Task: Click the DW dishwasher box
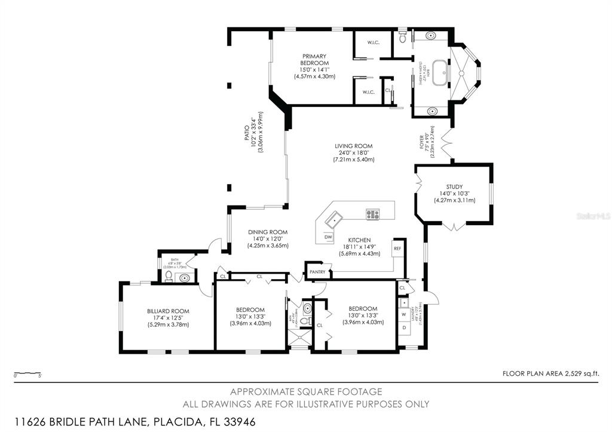click(328, 237)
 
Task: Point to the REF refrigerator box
click(397, 247)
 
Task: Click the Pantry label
click(317, 272)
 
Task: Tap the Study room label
click(454, 186)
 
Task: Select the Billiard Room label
click(168, 311)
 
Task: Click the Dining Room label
click(268, 232)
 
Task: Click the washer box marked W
click(404, 314)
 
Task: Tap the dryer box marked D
click(404, 327)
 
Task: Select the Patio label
click(246, 133)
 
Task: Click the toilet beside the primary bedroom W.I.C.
click(404, 39)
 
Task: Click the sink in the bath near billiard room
click(185, 277)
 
